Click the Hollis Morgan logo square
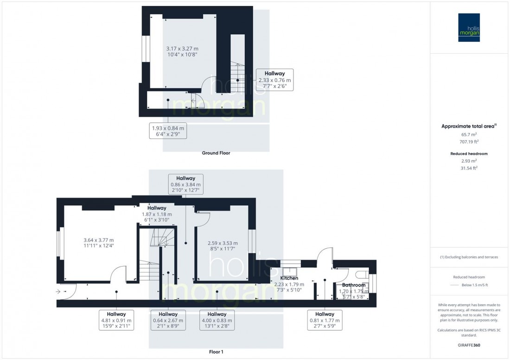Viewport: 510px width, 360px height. [x=469, y=28]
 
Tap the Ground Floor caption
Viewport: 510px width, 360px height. [x=216, y=153]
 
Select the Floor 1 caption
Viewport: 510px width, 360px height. [x=216, y=352]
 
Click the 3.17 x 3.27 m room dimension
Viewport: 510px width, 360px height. [x=182, y=49]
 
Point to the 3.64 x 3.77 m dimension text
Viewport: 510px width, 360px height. [x=99, y=240]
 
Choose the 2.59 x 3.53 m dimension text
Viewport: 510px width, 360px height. [x=223, y=243]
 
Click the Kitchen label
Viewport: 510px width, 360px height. [x=289, y=278]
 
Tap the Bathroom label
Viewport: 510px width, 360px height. [x=354, y=285]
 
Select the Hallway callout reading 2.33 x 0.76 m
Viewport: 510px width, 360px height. [x=274, y=80]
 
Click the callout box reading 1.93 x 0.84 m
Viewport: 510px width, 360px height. [x=168, y=131]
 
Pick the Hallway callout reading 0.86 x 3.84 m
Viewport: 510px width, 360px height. [x=186, y=184]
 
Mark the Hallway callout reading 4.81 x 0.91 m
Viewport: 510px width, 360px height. [x=116, y=320]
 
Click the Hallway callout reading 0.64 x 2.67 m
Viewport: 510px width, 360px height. [x=168, y=320]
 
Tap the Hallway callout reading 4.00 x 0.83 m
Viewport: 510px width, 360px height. [x=217, y=320]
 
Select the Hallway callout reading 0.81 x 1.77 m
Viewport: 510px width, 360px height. [x=325, y=320]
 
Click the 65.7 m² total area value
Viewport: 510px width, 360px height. [x=469, y=134]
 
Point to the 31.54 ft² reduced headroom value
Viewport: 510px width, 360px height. [x=469, y=168]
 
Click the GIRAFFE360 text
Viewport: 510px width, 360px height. [x=469, y=345]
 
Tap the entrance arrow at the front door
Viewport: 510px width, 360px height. [x=58, y=291]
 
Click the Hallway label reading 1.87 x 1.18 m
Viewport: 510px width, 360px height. [x=157, y=214]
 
